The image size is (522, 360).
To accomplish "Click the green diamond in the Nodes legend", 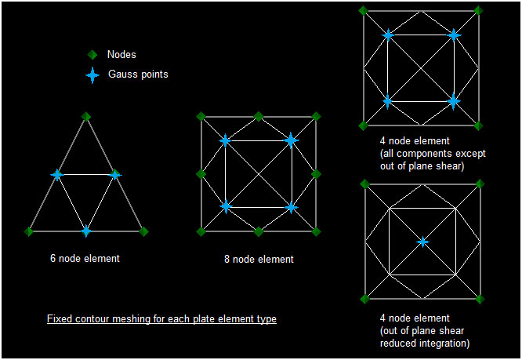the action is [92, 55].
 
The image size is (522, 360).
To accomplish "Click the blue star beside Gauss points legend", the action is [92, 75].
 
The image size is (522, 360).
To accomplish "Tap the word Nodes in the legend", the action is [121, 55].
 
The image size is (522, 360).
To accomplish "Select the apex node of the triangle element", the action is [86, 117].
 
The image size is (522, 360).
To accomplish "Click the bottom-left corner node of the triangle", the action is [29, 231].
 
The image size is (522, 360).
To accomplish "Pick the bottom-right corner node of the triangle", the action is [143, 231].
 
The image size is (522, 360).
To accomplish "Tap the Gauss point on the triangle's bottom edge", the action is [86, 231].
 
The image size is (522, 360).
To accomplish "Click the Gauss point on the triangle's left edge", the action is [57, 174].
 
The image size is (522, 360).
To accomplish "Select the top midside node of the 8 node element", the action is [259, 117].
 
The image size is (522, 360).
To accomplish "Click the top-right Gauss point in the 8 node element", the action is [291, 140].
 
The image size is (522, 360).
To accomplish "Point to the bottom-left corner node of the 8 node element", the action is [201, 231].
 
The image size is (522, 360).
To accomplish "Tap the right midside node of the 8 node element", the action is [317, 174].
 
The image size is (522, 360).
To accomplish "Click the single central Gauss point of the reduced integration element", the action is [422, 242].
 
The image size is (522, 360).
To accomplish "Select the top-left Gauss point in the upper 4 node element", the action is [388, 35].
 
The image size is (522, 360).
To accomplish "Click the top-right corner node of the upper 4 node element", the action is [478, 11].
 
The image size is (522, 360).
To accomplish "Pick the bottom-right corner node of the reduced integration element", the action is [480, 299].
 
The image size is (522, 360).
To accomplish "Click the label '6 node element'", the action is [85, 258].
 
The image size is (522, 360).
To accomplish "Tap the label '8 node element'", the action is [259, 259].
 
